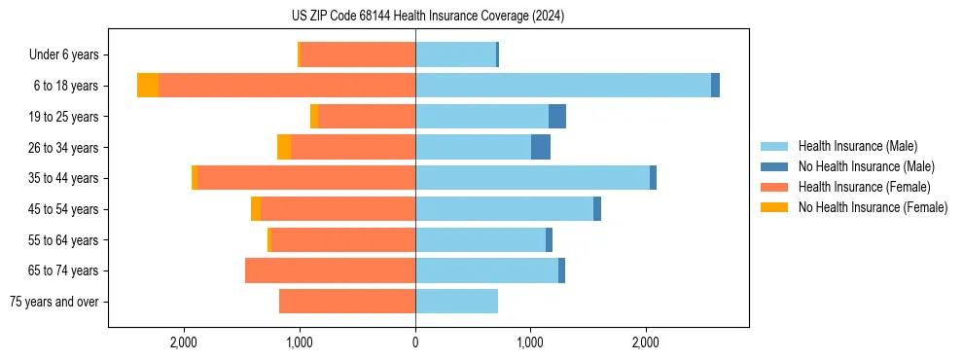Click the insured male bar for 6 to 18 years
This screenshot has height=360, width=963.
pyautogui.click(x=562, y=86)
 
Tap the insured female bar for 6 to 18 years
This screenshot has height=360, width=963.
pyautogui.click(x=287, y=86)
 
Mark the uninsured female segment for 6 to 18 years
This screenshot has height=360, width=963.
pyautogui.click(x=148, y=86)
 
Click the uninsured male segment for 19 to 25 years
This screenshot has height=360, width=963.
pyautogui.click(x=557, y=117)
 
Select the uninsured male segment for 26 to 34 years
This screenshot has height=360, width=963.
pyautogui.click(x=541, y=147)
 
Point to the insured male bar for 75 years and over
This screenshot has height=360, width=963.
pyautogui.click(x=456, y=302)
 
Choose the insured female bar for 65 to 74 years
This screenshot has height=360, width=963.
pyautogui.click(x=331, y=270)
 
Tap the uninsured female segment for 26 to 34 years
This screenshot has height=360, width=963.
pyautogui.click(x=284, y=147)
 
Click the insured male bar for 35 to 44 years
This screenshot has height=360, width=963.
pyautogui.click(x=532, y=178)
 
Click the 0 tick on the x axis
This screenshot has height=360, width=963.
pyautogui.click(x=415, y=342)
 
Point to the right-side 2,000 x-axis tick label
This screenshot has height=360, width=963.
pyautogui.click(x=647, y=342)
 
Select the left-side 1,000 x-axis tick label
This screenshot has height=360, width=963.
pyautogui.click(x=300, y=342)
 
